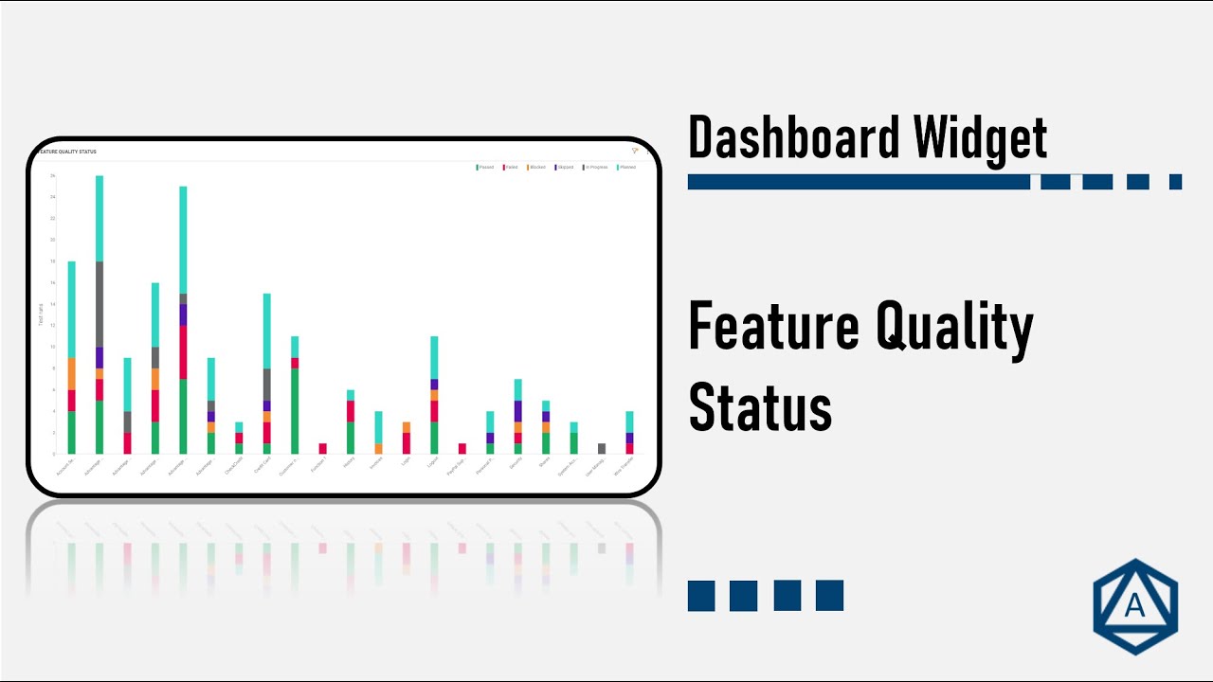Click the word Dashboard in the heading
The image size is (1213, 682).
pos(794,137)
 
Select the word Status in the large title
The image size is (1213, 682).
pos(760,406)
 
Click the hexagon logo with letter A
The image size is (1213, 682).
pos(1134,607)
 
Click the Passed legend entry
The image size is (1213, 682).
pos(485,167)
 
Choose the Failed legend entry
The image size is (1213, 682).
pos(511,167)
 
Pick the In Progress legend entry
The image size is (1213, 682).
pos(595,167)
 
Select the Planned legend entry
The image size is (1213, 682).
pos(626,167)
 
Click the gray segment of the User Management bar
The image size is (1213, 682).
pos(602,448)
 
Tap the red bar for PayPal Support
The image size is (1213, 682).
pos(462,448)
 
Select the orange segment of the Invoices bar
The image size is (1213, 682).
pos(378,448)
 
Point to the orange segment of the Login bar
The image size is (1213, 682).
pos(407,427)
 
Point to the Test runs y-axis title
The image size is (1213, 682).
pos(42,314)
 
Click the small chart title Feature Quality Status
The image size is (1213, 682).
pos(66,152)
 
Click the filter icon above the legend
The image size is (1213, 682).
pos(635,151)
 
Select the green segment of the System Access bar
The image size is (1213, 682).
pos(573,442)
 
